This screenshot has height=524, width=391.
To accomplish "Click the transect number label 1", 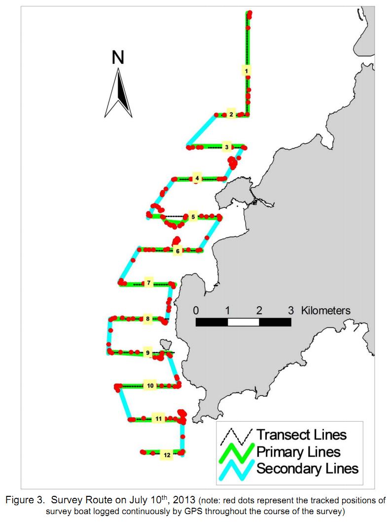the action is [246, 71].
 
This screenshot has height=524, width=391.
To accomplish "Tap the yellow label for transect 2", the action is [231, 114].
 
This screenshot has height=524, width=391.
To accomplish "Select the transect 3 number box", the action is [227, 147].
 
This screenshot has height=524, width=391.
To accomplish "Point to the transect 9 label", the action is [148, 353].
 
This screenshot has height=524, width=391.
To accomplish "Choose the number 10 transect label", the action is [150, 386].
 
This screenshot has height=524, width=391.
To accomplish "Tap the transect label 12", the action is [167, 455].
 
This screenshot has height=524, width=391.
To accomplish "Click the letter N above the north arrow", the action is [118, 57].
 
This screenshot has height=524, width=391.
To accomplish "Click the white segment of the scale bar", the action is [243, 322].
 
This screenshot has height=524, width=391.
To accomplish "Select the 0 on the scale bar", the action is [196, 311].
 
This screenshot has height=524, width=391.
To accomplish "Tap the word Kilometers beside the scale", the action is [325, 311].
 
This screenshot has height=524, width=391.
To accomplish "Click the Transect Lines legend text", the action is [302, 435].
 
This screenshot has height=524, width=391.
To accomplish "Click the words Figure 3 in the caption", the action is [25, 500].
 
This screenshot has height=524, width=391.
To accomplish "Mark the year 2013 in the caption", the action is [184, 500].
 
